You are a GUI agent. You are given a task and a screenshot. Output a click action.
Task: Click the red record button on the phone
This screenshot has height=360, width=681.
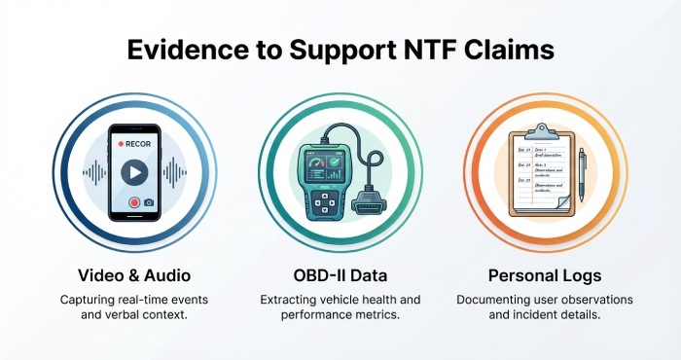pyautogui.click(x=132, y=202)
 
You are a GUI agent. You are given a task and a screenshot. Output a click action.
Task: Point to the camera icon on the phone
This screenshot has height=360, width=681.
pyautogui.click(x=149, y=202)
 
